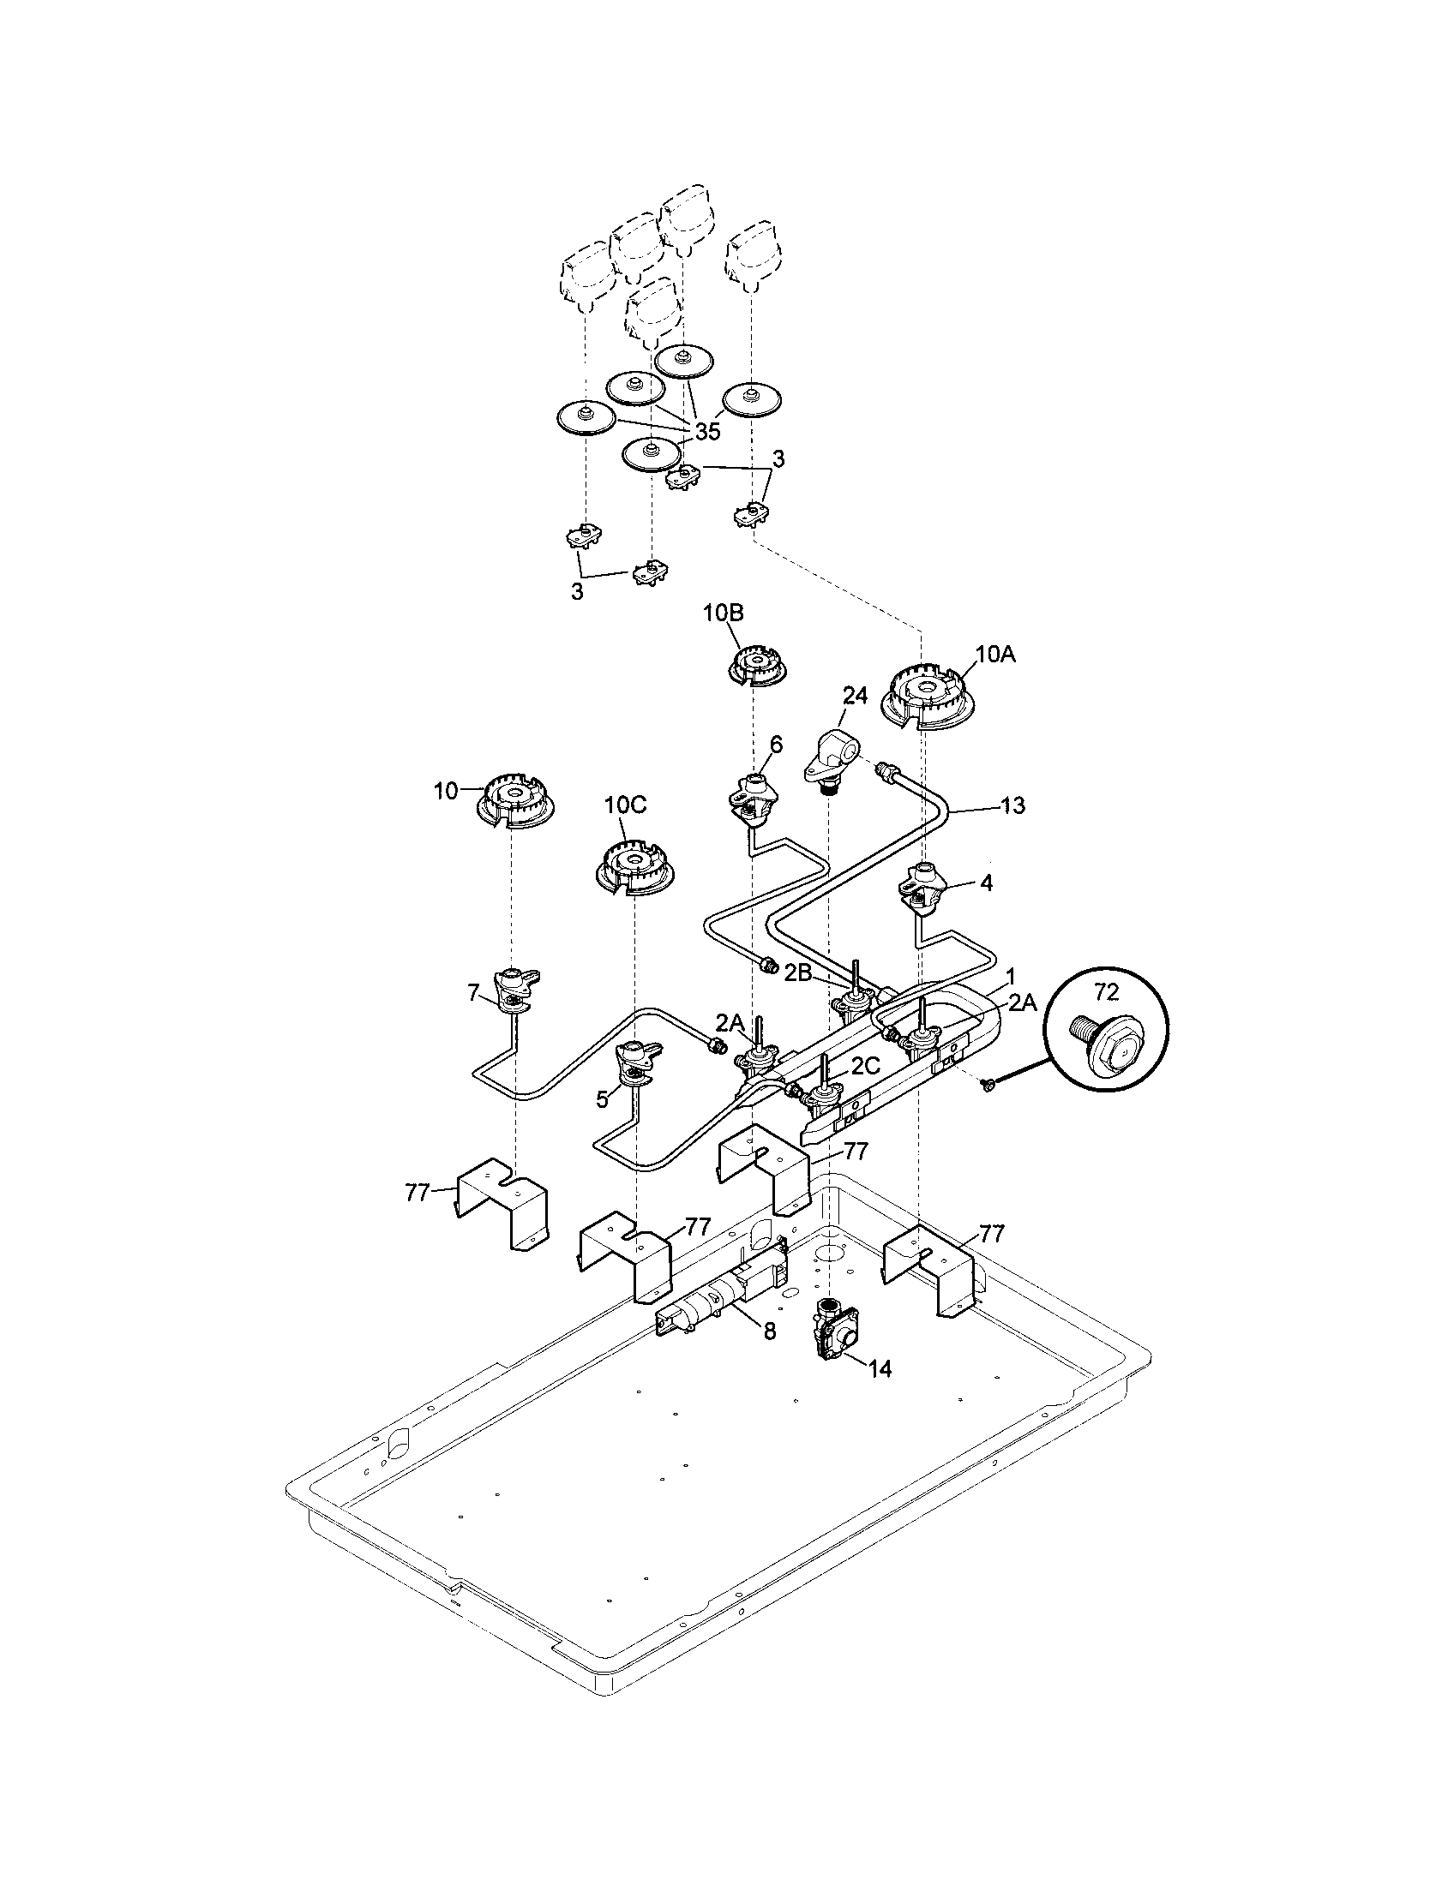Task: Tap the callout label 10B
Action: coord(723,613)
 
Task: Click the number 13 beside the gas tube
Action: coord(1012,805)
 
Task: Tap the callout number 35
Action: coord(706,432)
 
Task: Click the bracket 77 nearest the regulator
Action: coord(931,1271)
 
